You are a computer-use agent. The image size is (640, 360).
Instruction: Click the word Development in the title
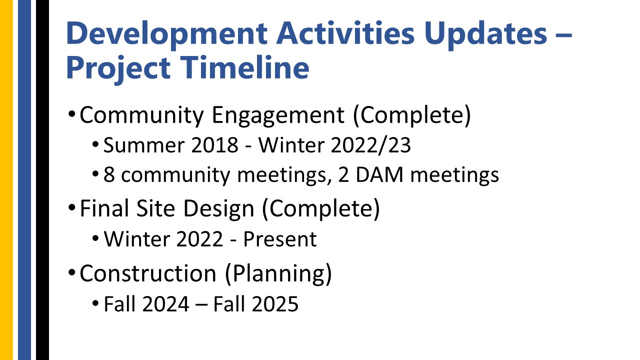(x=167, y=35)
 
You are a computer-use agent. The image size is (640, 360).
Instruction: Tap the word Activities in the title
(x=345, y=33)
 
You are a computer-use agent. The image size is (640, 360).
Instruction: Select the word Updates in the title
(x=485, y=35)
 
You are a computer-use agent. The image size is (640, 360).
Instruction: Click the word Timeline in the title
(x=244, y=67)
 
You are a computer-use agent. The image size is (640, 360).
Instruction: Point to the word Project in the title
(x=118, y=69)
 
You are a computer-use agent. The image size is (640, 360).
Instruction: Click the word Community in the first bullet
(x=141, y=115)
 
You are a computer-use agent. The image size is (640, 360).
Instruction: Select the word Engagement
(x=278, y=115)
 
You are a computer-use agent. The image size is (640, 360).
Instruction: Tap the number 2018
(x=214, y=145)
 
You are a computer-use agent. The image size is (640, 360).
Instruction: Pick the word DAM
(x=379, y=175)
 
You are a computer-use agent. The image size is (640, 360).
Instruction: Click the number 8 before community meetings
(x=109, y=175)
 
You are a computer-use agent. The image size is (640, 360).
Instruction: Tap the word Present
(x=279, y=239)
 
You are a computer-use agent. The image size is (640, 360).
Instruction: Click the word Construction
(x=147, y=273)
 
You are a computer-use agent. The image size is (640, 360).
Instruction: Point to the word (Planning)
(x=278, y=274)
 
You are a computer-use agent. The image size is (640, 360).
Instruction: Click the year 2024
(x=165, y=304)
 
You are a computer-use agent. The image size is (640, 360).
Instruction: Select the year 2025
(x=275, y=304)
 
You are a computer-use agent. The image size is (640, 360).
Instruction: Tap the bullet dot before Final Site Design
(x=71, y=207)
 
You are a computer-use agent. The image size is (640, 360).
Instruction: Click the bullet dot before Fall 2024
(x=95, y=302)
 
